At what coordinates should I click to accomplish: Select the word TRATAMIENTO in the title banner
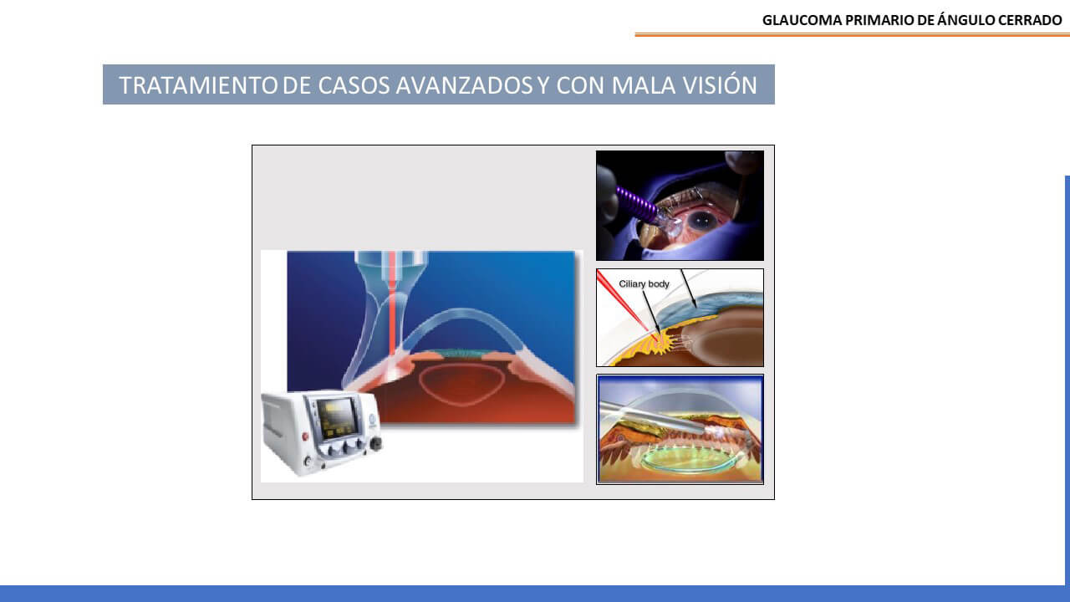pyautogui.click(x=198, y=85)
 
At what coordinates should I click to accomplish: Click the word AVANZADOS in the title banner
pyautogui.click(x=464, y=85)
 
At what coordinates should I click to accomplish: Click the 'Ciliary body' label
pyautogui.click(x=644, y=283)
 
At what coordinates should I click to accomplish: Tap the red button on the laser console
pyautogui.click(x=305, y=436)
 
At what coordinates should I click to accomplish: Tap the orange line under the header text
pyautogui.click(x=852, y=34)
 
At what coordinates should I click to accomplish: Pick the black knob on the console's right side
pyautogui.click(x=376, y=443)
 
